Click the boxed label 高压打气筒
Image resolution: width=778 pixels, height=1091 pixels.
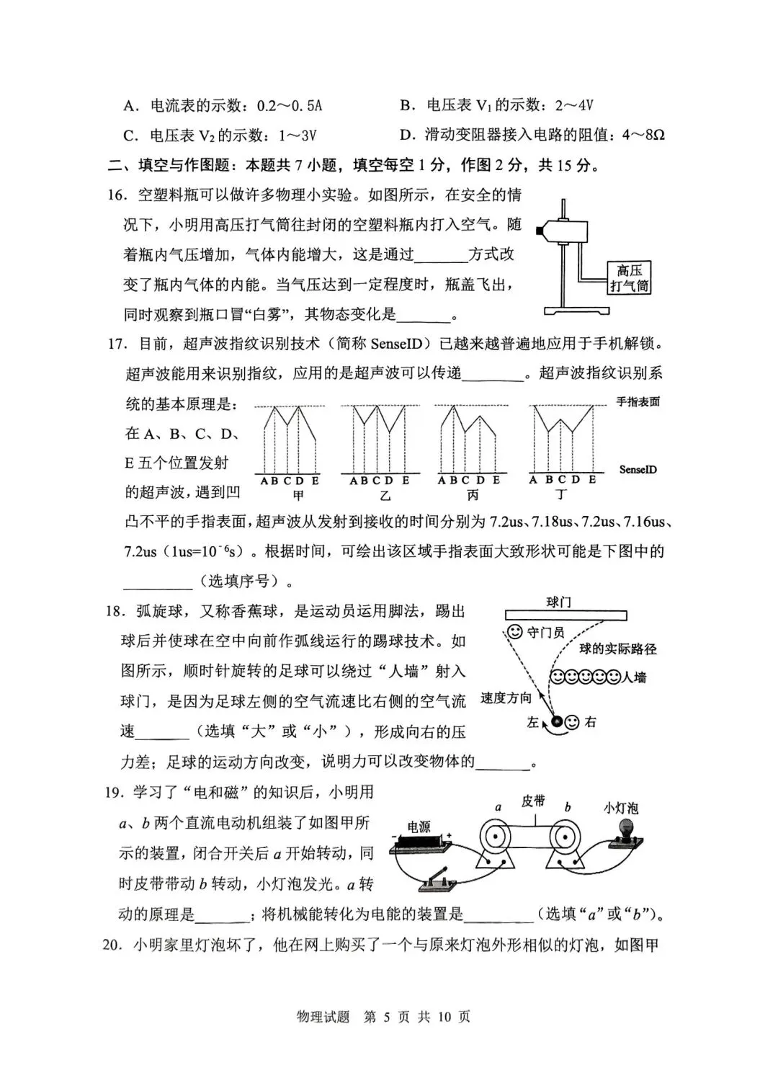coord(629,278)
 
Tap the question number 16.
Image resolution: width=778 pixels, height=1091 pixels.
coord(117,195)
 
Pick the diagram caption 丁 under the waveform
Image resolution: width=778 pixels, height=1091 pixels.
coord(562,495)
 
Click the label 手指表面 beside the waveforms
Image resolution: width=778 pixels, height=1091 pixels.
coord(638,402)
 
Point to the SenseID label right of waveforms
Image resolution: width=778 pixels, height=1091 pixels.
coord(638,470)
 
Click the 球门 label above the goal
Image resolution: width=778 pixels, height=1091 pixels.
coord(559,602)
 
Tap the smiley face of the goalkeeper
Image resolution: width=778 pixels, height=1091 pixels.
coord(514,632)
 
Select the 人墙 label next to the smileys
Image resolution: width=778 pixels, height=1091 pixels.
coord(635,677)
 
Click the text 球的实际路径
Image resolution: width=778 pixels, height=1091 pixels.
coord(618,649)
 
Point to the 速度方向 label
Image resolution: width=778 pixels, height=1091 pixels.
coord(506,698)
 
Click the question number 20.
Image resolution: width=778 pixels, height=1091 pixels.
coord(113,945)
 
